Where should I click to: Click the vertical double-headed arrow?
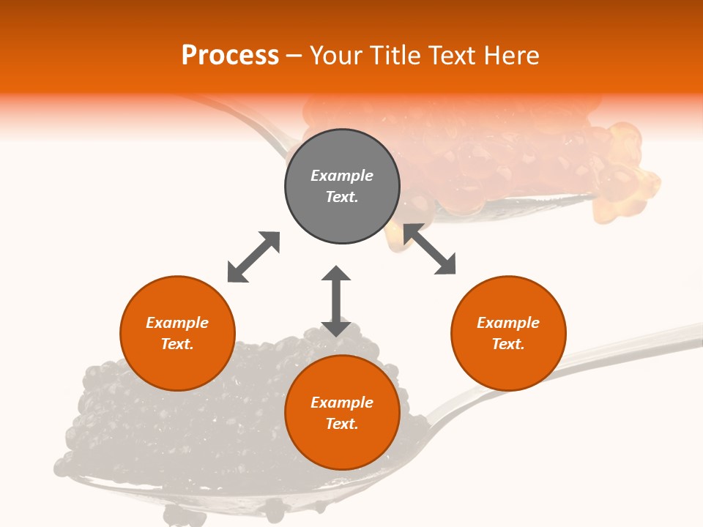(x=336, y=301)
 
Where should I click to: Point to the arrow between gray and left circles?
(x=253, y=257)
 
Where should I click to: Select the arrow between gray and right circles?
(x=430, y=250)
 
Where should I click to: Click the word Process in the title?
(x=230, y=55)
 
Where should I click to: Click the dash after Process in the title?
(x=294, y=56)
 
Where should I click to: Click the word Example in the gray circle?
(x=342, y=176)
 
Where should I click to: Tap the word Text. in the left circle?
(x=177, y=344)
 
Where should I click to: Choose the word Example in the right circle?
(x=508, y=323)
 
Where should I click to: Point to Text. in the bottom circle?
(x=342, y=424)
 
